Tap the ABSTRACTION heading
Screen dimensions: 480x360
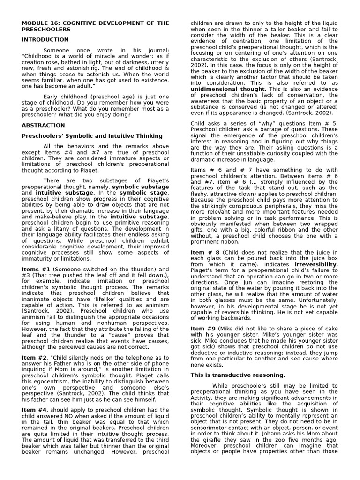(44, 125)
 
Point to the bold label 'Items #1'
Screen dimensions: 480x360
(36, 269)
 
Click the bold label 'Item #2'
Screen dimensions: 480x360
(34, 357)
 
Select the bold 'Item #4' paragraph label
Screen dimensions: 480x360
(34, 410)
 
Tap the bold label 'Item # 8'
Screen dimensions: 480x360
(204, 252)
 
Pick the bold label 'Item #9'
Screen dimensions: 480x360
(203, 329)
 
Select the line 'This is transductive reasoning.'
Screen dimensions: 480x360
(238, 375)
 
